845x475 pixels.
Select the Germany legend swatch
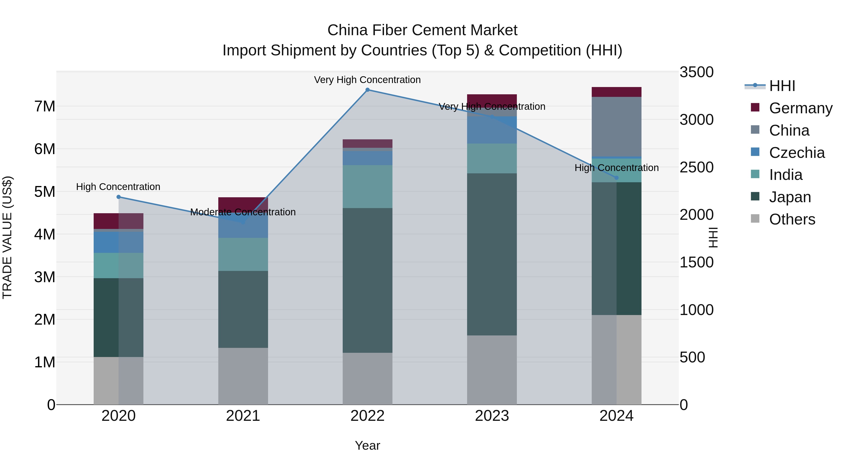(x=755, y=107)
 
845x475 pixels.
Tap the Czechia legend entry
(x=796, y=153)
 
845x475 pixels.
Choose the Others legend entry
(x=792, y=219)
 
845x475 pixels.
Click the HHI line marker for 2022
(x=367, y=90)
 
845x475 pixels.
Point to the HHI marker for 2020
(x=119, y=197)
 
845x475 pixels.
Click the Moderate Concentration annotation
(x=243, y=212)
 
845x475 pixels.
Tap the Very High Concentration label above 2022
(x=367, y=80)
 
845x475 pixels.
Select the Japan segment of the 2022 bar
(x=367, y=280)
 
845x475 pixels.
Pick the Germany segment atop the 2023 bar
(x=492, y=99)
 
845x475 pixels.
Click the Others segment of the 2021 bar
(x=243, y=376)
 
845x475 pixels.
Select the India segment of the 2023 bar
(x=492, y=158)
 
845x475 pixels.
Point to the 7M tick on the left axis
(x=45, y=106)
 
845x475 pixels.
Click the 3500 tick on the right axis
(x=696, y=72)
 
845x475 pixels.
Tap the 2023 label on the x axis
(x=492, y=416)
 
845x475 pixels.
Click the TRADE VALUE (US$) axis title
(x=7, y=238)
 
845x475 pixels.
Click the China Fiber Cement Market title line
(x=422, y=30)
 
